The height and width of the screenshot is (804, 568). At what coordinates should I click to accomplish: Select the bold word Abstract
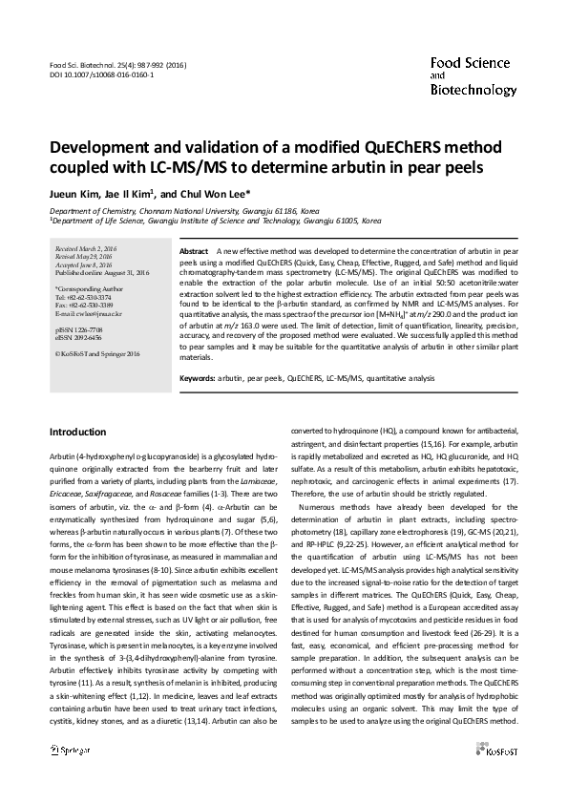pos(194,249)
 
